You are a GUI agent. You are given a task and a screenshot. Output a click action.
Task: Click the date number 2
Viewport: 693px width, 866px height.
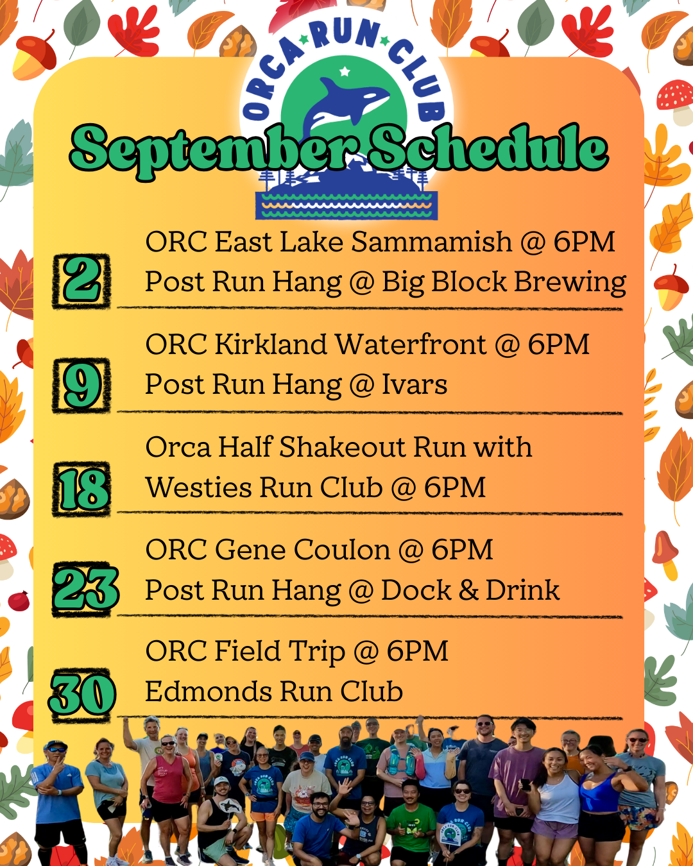click(x=81, y=281)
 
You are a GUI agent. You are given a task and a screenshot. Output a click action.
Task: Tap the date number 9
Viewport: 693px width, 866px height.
click(x=81, y=385)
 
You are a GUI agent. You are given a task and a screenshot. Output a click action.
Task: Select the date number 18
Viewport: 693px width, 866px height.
click(x=82, y=489)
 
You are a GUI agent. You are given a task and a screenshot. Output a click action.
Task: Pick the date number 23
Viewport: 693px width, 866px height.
click(x=86, y=589)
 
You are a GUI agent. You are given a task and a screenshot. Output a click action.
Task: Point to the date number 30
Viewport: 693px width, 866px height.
click(x=83, y=694)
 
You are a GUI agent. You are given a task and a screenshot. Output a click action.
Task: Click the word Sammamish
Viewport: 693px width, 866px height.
click(x=431, y=242)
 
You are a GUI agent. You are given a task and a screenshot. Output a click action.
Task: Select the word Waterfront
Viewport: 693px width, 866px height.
click(x=411, y=345)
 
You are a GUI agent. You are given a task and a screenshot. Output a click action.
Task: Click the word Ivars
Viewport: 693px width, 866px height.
click(x=414, y=385)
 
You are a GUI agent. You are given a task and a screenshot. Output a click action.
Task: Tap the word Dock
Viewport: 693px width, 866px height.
click(x=416, y=590)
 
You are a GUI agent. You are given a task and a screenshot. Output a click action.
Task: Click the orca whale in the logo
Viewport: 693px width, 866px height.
click(x=346, y=103)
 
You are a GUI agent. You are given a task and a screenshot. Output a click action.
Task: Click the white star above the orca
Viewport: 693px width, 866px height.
click(x=345, y=71)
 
